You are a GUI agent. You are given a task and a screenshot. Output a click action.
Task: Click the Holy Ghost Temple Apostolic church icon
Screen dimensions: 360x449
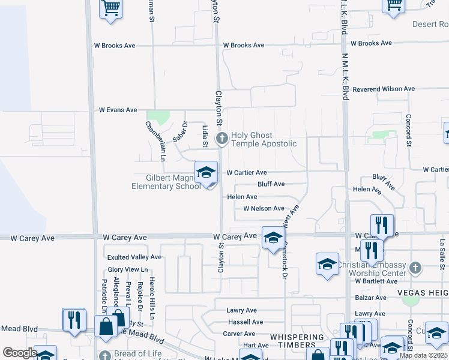point(221,140)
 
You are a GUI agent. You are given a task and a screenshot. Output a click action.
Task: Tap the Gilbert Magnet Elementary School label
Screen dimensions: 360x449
point(166,182)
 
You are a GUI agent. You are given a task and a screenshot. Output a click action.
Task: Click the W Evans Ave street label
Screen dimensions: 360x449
point(118,110)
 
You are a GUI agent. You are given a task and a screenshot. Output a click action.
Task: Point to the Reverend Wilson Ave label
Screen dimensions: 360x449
point(384,89)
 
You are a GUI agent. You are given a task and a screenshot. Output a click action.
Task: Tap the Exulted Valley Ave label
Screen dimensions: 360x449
point(134,257)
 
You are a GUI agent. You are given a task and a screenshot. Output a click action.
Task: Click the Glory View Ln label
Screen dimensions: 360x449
point(127,270)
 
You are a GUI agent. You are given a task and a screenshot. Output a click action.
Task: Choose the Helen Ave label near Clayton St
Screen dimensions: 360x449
point(242,197)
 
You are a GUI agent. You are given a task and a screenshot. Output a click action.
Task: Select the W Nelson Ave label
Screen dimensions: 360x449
point(264,209)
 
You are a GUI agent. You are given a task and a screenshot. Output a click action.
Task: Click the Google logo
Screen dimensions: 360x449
point(20,353)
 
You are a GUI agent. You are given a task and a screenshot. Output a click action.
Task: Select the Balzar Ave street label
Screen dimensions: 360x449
point(370,298)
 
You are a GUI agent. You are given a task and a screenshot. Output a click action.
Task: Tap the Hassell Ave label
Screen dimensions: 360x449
point(246,322)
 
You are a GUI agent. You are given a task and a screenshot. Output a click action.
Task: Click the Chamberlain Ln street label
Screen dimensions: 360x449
point(155,142)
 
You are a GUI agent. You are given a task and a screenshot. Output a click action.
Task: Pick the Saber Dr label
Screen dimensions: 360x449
point(180,131)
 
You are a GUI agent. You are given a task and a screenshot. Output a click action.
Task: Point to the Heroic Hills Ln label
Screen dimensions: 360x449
point(152,298)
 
